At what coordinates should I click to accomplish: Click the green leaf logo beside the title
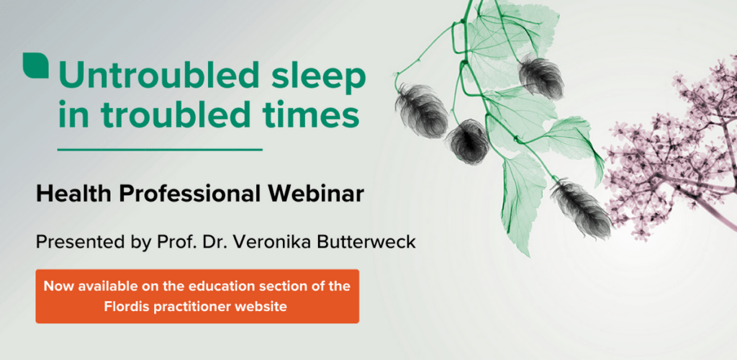coord(35,66)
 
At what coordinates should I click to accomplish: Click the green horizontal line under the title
coord(160,150)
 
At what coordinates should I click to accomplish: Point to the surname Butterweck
coord(364,243)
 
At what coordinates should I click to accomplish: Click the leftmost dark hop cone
coord(422,110)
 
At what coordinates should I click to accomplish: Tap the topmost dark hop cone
coord(541,76)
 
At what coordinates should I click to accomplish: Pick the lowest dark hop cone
coord(582,208)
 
